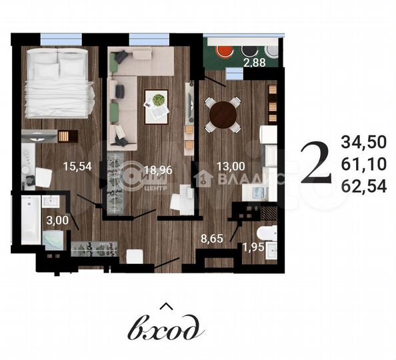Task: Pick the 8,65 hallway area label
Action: click(x=213, y=235)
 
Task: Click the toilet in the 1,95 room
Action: click(x=267, y=235)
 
